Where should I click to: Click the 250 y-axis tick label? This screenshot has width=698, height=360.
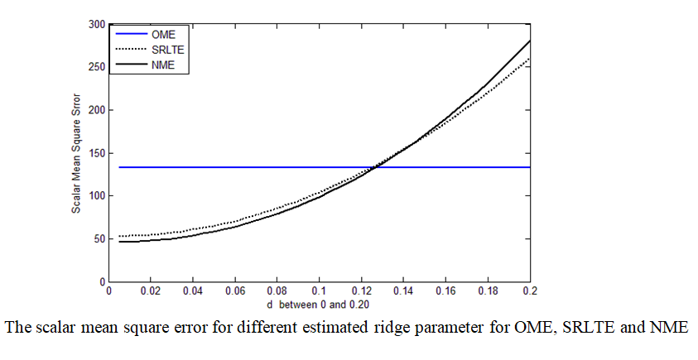point(96,67)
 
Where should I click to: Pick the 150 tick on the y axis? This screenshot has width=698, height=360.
point(96,153)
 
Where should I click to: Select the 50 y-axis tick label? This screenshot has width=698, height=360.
point(99,239)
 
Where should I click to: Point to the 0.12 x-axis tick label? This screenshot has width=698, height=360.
point(361,291)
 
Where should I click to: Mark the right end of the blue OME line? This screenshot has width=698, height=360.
point(529,167)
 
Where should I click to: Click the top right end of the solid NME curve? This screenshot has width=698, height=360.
point(529,41)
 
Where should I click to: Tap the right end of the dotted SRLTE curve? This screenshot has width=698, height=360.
point(529,59)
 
